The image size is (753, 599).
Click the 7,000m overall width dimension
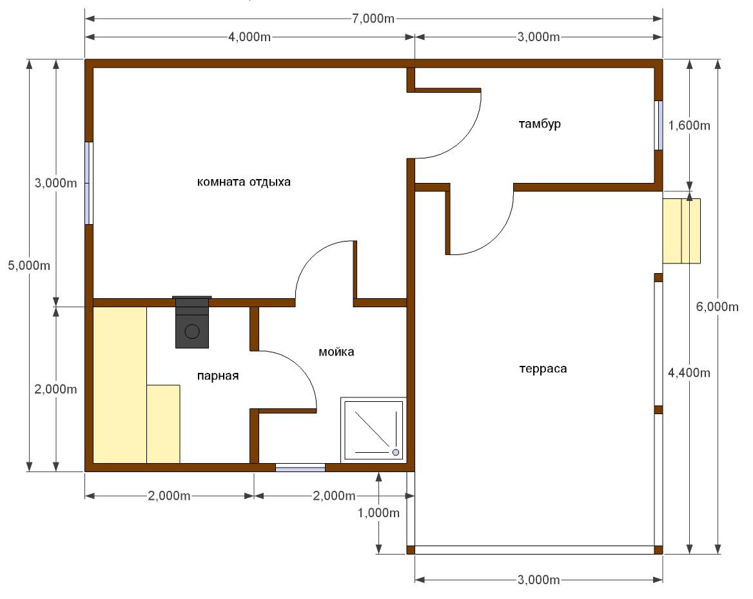(373, 19)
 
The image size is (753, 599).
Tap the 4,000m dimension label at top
(249, 37)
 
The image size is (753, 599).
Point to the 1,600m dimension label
(689, 125)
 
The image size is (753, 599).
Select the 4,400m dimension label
(689, 372)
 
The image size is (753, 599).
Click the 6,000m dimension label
(718, 306)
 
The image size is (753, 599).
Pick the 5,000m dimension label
(29, 265)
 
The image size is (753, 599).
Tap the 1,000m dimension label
(378, 513)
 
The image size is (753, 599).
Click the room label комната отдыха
(244, 182)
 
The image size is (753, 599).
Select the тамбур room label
(540, 124)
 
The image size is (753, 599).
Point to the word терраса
(543, 368)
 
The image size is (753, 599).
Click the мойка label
(337, 351)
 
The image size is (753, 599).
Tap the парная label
(218, 376)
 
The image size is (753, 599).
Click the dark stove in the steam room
(192, 321)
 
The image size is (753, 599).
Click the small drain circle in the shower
(396, 452)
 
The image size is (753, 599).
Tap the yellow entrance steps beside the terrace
(681, 231)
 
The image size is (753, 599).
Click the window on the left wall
(88, 183)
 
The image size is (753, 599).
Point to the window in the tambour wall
(660, 125)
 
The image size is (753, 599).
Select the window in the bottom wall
(300, 468)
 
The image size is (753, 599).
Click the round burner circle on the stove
(193, 331)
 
